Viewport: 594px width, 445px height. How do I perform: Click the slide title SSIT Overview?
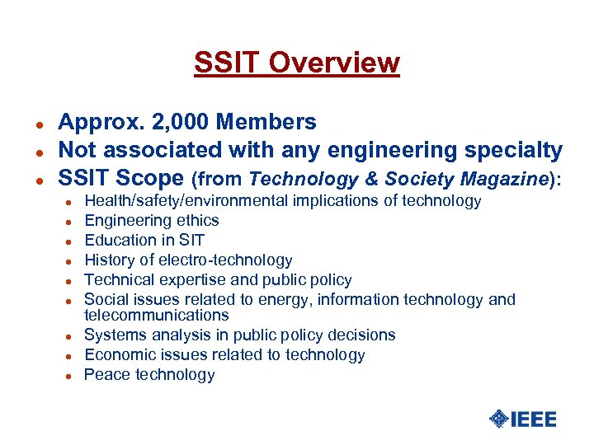tap(296, 63)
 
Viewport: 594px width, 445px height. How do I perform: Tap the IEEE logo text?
tap(534, 419)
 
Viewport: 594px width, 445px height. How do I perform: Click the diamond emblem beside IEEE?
tap(498, 419)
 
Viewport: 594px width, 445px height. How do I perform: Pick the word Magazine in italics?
tap(504, 180)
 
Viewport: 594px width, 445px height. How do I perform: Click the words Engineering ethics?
tap(152, 221)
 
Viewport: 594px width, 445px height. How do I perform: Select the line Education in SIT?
tap(144, 241)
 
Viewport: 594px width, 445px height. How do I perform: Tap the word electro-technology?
tap(224, 260)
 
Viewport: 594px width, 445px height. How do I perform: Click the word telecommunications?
tap(157, 316)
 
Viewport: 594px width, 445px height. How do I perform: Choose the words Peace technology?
tap(149, 375)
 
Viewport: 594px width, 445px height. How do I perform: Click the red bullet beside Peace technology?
tap(71, 376)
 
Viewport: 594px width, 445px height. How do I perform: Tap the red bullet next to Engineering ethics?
tap(71, 222)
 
